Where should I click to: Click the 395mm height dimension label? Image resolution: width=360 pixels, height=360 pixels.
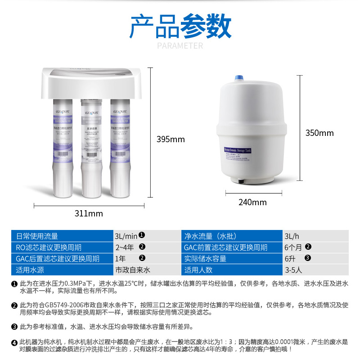[x=171, y=139]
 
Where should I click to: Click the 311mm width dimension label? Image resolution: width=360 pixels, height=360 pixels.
[x=89, y=213]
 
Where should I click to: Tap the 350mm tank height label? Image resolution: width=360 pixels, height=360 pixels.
[x=319, y=133]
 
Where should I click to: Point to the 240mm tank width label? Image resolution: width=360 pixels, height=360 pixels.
[x=252, y=202]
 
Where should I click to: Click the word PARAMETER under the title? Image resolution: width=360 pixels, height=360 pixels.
[x=180, y=45]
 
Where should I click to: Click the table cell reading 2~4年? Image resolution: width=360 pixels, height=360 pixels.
[x=125, y=247]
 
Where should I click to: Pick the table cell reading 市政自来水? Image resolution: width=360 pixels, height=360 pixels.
[x=133, y=270]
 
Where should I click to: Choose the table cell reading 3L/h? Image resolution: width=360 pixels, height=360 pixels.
[x=290, y=236]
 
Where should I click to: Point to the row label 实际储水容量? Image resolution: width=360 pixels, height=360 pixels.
[x=205, y=259]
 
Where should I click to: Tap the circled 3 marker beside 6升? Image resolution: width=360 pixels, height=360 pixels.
[x=308, y=258]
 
